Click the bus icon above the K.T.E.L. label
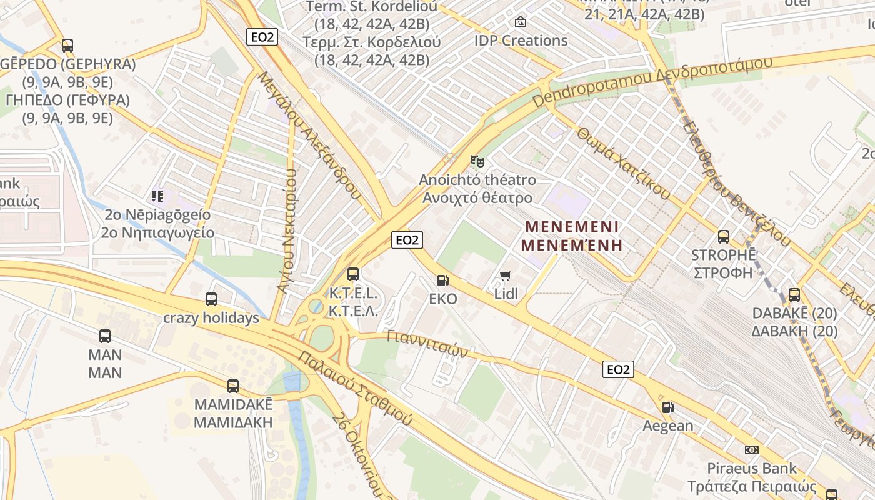pos(353,274)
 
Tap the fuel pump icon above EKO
pos(442,281)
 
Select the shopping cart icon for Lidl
pos(506,275)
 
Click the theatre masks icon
pos(477,161)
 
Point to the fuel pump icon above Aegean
pos(668,407)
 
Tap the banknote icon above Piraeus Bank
pos(752,450)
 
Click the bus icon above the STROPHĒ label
pos(723,237)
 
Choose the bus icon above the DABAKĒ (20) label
pos(794,294)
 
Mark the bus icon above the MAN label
pos(105,336)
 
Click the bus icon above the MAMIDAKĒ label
pos(233,386)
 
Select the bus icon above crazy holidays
pos(211,299)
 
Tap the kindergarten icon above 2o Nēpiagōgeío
pos(157,196)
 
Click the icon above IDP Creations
pos(521,22)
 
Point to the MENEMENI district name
pos(572,226)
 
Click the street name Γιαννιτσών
pos(427,344)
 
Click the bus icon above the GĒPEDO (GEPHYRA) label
pos(67,46)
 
